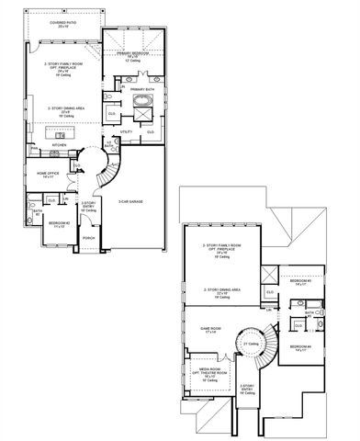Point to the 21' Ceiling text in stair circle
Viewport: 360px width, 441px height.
(248, 344)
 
